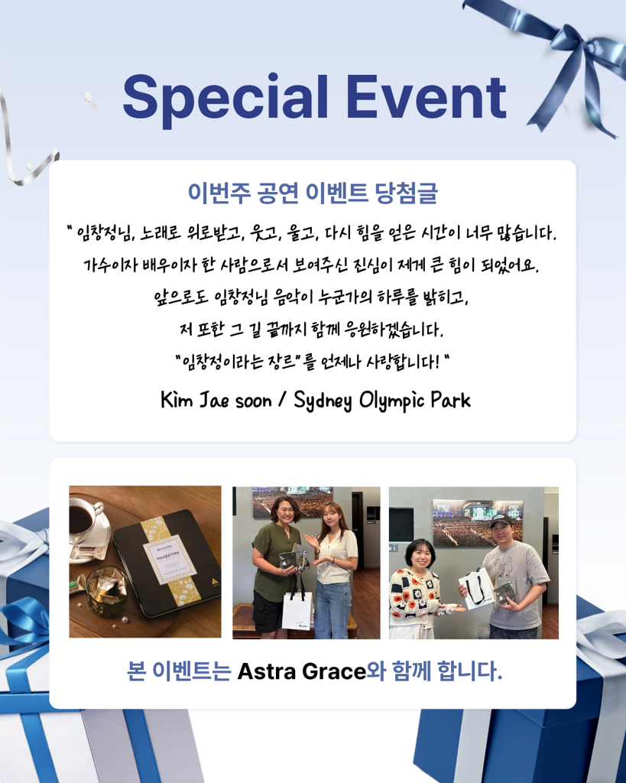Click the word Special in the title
[225, 99]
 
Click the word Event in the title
[426, 97]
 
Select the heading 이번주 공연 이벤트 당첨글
[313, 193]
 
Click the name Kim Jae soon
[216, 400]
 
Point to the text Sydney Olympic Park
[382, 401]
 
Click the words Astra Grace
[301, 671]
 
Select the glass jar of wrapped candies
[106, 590]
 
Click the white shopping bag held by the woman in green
[297, 610]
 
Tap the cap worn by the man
[501, 521]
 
